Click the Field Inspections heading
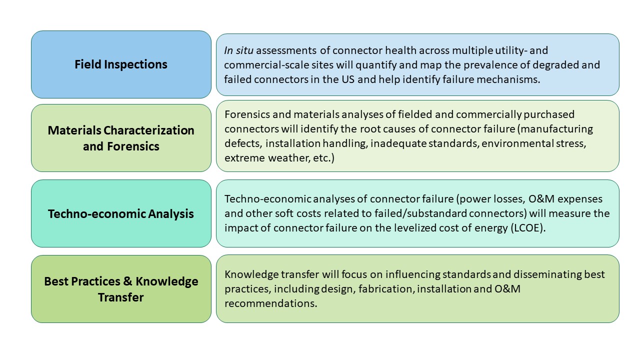[121, 64]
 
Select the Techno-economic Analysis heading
[121, 214]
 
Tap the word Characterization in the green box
[149, 130]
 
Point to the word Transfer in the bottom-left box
[121, 297]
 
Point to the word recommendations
[270, 303]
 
